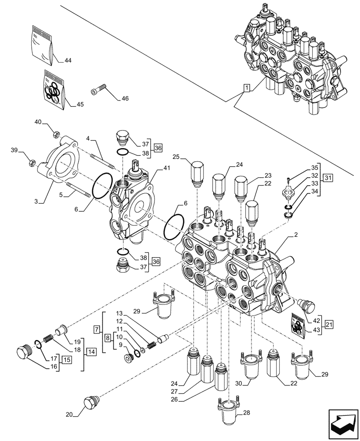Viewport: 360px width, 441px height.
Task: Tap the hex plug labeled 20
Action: tap(90, 403)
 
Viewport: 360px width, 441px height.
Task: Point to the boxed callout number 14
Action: tap(90, 352)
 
